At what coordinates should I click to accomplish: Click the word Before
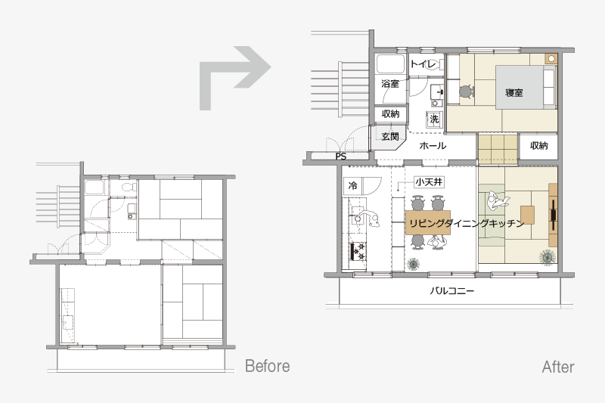pos(268,366)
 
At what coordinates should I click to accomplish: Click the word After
pos(558,367)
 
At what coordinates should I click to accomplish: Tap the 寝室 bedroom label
pos(514,92)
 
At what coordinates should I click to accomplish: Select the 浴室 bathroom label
pos(389,83)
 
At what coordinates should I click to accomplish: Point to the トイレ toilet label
pos(423,64)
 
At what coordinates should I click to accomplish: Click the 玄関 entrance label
pos(390,136)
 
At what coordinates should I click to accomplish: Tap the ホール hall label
pos(433,146)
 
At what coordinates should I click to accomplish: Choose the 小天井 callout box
pos(429,181)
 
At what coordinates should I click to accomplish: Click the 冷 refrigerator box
pos(352,186)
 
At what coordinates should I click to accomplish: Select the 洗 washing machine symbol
pos(434,119)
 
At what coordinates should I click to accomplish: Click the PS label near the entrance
pos(341,157)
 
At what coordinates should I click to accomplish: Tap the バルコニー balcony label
pos(451,291)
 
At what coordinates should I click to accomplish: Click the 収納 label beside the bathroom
pos(390,113)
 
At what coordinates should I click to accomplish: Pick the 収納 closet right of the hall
pos(538,145)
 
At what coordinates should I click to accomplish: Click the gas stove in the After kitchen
pos(358,252)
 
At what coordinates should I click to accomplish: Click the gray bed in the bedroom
pos(526,87)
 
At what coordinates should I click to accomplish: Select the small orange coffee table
pos(527,215)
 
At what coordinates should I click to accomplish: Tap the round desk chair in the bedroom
pos(466,91)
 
